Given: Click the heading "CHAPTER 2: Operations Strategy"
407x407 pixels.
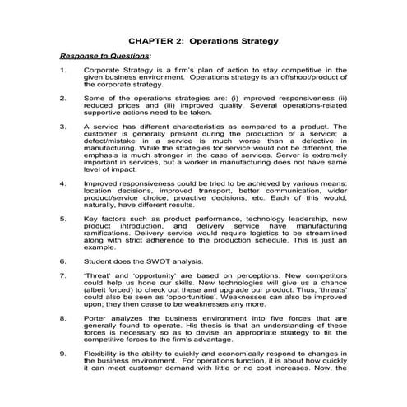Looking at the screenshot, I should click(203, 39).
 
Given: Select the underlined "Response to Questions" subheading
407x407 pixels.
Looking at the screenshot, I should click(95, 57).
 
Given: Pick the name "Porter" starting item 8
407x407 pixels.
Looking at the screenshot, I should click(96, 316).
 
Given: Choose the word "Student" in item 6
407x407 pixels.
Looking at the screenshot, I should click(99, 261).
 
